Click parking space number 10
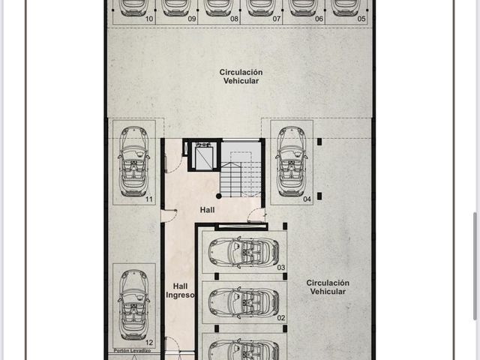pos(149,19)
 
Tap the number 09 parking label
pos(192,19)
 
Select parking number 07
pos(277,19)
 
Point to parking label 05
pos(361,19)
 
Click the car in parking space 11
pos(133,161)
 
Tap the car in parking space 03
pos(244,253)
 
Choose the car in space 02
pos(244,303)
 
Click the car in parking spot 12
pos(133,305)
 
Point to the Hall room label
pos(207,210)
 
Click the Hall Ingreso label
pos(180,290)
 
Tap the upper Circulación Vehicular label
pos(241,76)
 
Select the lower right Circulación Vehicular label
pos(328,287)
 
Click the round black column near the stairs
pos(218,196)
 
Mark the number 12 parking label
pos(149,343)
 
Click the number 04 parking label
pos(307,199)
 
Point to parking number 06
pos(319,19)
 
